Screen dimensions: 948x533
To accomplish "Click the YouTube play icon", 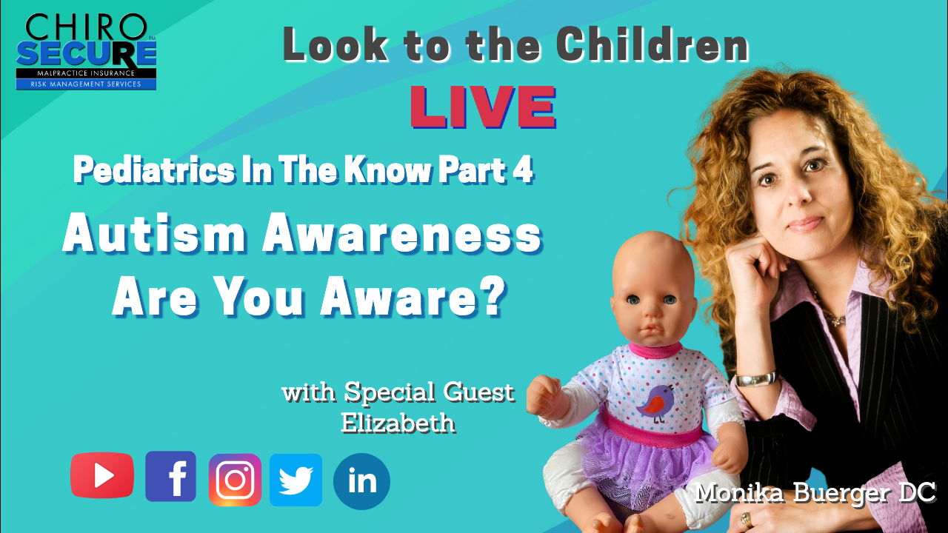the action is pos(102,475).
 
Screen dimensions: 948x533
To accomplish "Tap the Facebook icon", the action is pos(170,476).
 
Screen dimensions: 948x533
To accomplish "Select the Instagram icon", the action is pos(235,480).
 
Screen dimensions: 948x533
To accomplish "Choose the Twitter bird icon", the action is pos(296,480).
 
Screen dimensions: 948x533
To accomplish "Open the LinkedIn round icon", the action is pos(361,481).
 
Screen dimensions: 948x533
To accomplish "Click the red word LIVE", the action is pos(483,107).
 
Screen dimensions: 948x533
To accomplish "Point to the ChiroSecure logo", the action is pos(87,51).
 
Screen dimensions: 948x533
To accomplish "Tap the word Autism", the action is pos(154,235).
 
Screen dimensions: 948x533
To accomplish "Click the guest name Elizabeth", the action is pos(398,423).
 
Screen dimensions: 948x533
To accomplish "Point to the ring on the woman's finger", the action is pos(746,520).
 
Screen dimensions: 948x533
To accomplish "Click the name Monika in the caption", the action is pos(739,494).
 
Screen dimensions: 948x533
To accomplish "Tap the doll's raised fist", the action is pos(544,397).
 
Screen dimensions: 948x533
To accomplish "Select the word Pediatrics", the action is pos(154,171).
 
